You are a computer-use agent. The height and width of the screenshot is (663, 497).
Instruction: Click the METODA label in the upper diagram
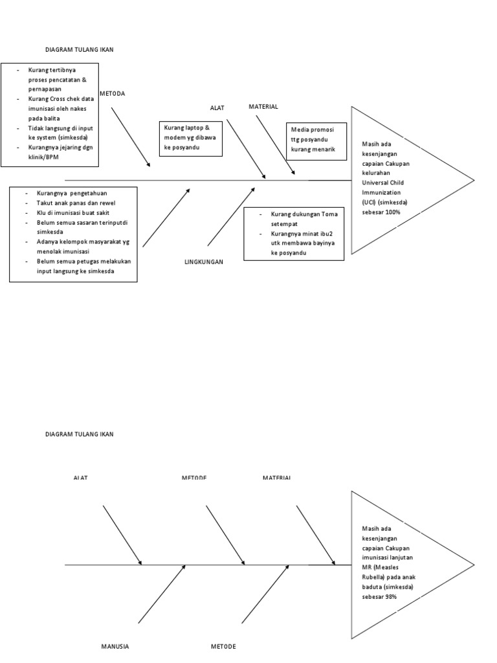pos(113,93)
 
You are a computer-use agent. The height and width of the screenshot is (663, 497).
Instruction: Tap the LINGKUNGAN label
pos(204,262)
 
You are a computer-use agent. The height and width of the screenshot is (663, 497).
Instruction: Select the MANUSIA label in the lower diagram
pos(116,646)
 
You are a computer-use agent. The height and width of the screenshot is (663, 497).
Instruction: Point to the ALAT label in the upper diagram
pos(217,107)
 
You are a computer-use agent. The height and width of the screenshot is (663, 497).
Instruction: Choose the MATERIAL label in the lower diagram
pos(276,478)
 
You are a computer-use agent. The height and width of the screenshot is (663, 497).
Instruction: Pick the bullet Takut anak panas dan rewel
pos(69,203)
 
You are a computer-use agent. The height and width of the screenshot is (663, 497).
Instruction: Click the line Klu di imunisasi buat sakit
pos(71,212)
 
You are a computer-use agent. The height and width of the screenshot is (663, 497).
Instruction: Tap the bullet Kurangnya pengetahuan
pos(72,193)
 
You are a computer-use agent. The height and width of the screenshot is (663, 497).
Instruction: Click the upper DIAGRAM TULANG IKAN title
pos(79,49)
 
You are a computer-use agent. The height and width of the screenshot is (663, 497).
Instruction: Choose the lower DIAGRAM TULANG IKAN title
pos(79,434)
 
